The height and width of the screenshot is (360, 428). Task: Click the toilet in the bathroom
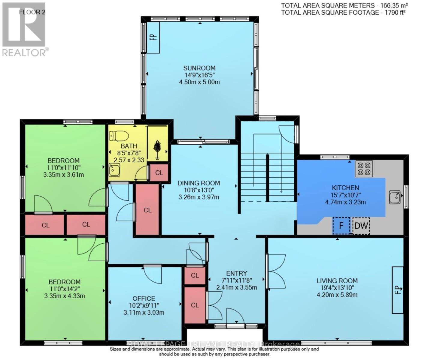click(119, 136)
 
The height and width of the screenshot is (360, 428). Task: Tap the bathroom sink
click(114, 170)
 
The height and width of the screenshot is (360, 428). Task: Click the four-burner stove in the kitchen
click(364, 169)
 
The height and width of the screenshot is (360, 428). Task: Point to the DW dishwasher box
click(361, 225)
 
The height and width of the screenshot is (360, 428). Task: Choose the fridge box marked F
click(341, 226)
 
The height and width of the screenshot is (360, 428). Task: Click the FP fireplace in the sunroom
click(153, 37)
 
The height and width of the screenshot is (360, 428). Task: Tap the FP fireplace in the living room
click(398, 290)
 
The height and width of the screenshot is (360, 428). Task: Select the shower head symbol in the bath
click(157, 148)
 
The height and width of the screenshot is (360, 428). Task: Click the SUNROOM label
click(199, 68)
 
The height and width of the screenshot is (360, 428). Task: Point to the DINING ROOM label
click(199, 183)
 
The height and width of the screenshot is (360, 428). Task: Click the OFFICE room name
click(144, 298)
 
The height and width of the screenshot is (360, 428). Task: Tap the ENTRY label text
click(237, 273)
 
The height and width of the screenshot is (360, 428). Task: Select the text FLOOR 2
click(30, 12)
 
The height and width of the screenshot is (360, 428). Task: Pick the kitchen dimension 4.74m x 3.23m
click(345, 202)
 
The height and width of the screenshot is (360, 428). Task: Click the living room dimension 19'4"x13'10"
click(337, 288)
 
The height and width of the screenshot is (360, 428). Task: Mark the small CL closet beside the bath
click(159, 173)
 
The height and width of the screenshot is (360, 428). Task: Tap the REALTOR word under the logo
click(24, 53)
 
